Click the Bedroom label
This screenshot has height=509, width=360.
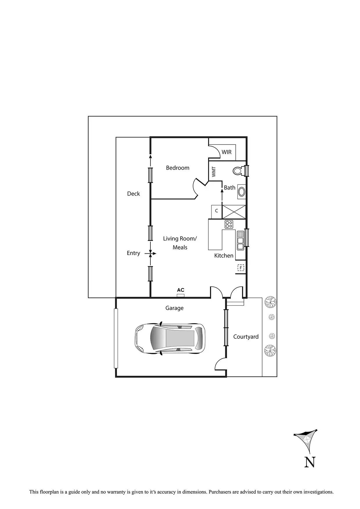coord(177,168)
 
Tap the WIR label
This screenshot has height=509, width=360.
coord(226,152)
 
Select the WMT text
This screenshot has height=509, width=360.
coord(214,172)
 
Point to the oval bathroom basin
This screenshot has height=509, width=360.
coord(241,192)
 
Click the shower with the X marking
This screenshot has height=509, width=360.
coord(234,212)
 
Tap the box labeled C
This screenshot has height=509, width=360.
coord(216,211)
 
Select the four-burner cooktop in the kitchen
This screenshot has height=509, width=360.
coord(229,224)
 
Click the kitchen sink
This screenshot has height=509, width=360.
coord(240,241)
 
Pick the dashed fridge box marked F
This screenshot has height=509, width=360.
coord(241,268)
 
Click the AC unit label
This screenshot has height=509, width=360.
coord(181,290)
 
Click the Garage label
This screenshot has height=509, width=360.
coord(174,308)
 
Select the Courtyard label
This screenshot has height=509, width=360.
coord(246,337)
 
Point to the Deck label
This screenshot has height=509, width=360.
coord(133,194)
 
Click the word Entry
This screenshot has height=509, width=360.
coord(133,253)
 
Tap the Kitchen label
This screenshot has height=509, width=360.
coord(224,256)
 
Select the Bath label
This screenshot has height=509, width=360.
coord(229,188)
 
